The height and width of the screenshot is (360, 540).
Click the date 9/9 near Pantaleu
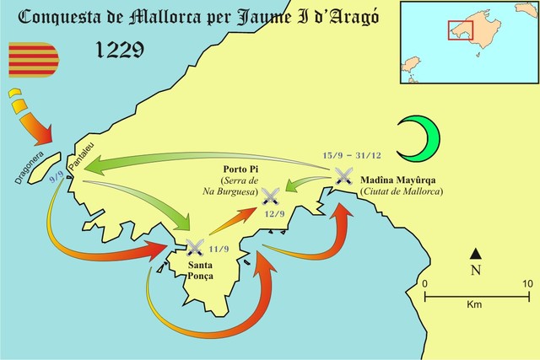[57, 178]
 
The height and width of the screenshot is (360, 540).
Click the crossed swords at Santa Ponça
[195, 247]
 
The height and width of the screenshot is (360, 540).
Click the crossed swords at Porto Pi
[271, 197]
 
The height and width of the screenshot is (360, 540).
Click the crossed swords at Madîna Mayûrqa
[343, 175]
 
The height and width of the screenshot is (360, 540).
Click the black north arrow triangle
[476, 254]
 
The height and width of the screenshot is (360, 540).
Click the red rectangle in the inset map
[460, 30]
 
